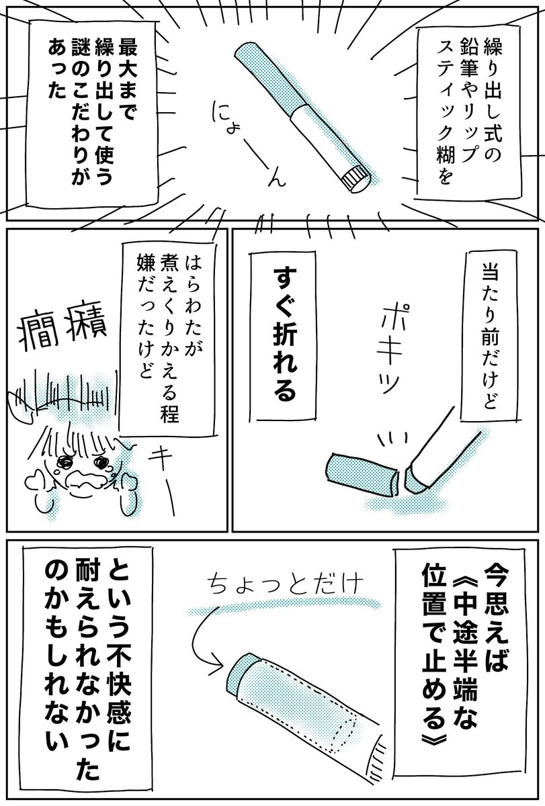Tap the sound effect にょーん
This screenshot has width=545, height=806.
tap(249, 143)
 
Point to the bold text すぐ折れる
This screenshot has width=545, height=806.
tap(284, 334)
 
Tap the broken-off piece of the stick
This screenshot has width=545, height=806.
tap(362, 472)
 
